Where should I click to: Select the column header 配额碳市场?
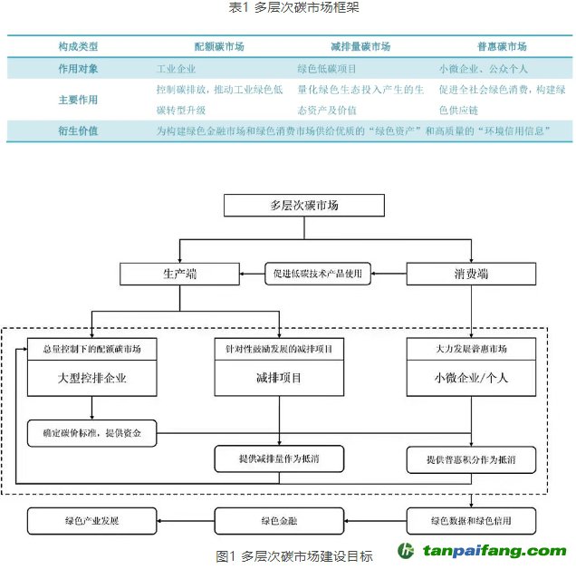point(218,46)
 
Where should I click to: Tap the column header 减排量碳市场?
point(360,46)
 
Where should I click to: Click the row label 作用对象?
point(78,68)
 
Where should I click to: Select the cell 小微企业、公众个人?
point(483,68)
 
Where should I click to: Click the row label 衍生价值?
point(78,131)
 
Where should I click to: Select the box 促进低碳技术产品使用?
point(318,274)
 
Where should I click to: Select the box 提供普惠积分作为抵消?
point(470,460)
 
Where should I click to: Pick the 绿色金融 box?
point(279,521)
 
